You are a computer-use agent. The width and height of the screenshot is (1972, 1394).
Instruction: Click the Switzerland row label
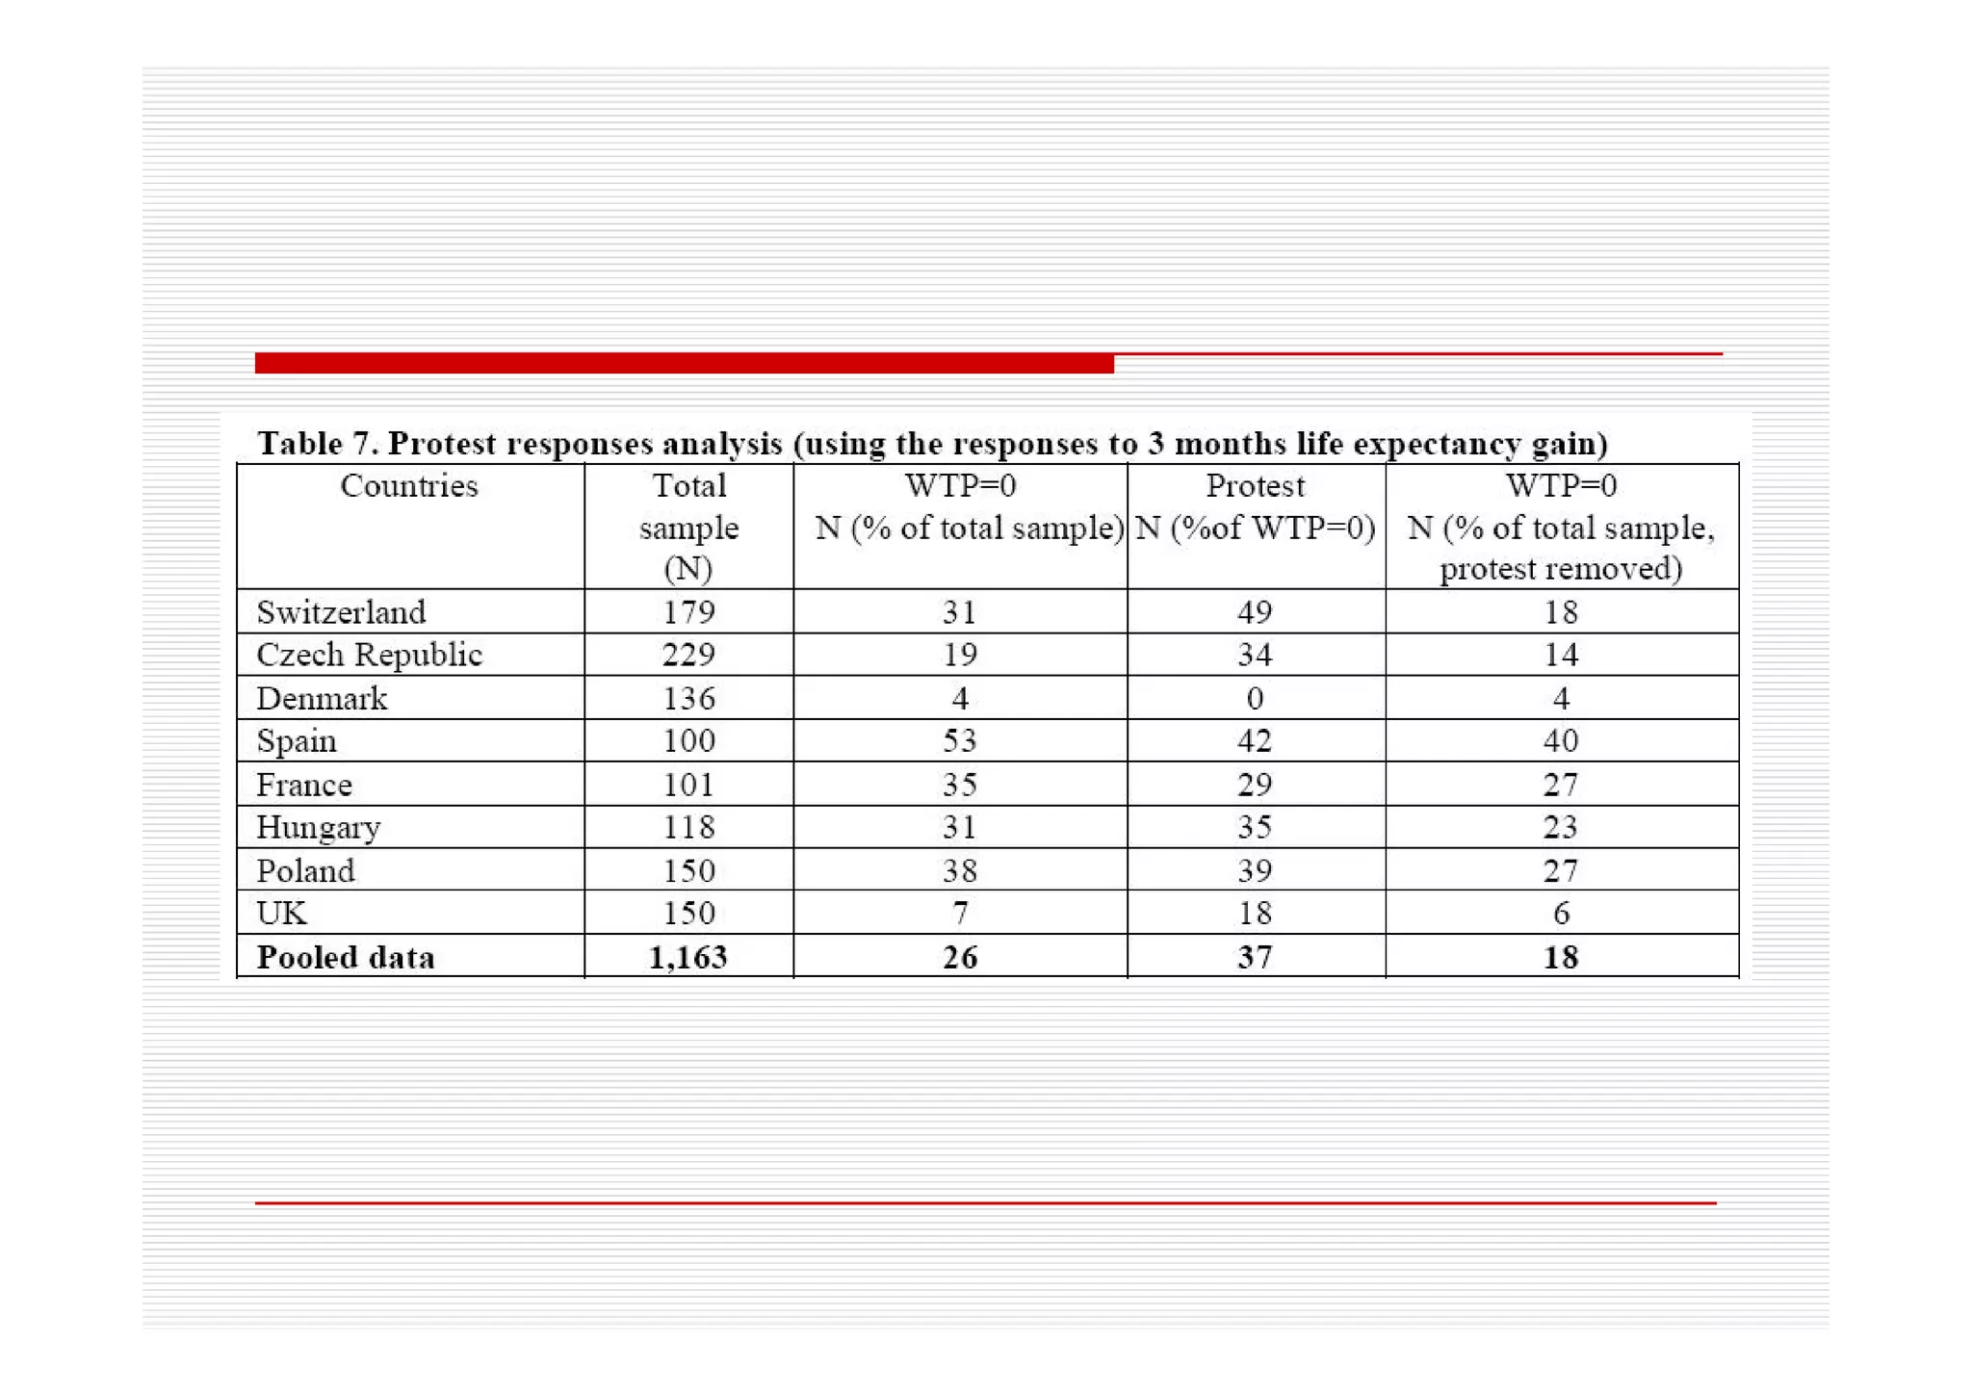coord(341,612)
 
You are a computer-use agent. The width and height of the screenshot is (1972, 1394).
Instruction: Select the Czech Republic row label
coord(369,655)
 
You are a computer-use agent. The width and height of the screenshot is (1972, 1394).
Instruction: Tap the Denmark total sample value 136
coord(688,698)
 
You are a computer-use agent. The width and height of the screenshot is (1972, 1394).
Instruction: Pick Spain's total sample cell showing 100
coord(688,740)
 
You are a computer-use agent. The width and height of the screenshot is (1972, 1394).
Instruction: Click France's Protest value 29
coord(1255,785)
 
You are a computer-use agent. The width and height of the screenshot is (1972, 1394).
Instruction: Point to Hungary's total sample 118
coord(688,827)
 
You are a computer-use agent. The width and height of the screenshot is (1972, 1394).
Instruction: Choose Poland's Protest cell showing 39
coord(1255,870)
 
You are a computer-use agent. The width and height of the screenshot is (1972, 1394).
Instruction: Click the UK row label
coord(281,913)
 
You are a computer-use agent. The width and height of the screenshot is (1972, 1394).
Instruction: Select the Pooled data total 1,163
coord(688,957)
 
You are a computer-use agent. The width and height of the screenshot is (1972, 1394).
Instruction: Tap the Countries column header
coord(409,486)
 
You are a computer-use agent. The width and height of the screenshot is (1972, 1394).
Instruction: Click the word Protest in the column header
coord(1256,486)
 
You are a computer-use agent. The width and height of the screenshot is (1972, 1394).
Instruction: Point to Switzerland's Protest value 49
coord(1255,612)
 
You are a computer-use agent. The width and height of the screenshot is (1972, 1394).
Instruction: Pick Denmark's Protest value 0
coord(1255,698)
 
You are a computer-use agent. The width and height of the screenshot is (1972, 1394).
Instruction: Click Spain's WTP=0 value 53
coord(960,740)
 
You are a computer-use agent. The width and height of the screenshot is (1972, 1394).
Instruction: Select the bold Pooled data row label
coord(346,957)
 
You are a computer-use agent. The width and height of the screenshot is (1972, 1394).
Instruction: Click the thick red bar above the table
coord(684,363)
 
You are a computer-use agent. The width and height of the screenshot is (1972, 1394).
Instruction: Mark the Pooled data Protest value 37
coord(1255,957)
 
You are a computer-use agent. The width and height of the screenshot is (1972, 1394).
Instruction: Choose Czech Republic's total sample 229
coord(688,655)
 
